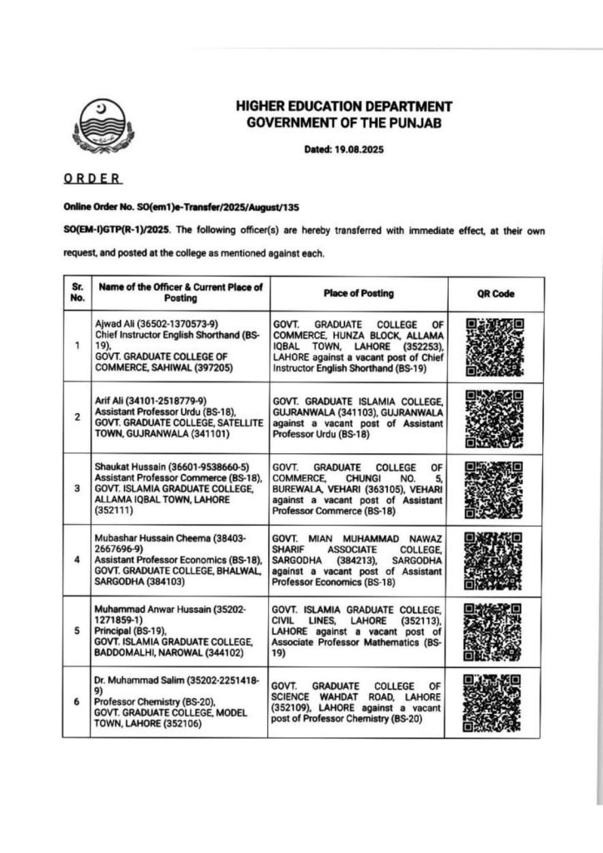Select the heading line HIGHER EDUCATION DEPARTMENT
coord(344,107)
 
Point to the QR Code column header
coord(495,293)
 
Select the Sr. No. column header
coord(77,293)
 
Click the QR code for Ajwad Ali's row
coord(495,346)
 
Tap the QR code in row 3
coord(495,489)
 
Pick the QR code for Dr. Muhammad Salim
coord(495,702)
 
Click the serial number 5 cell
coord(77,631)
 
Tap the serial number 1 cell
coord(77,346)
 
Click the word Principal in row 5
coord(117,631)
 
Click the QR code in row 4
coord(495,560)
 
